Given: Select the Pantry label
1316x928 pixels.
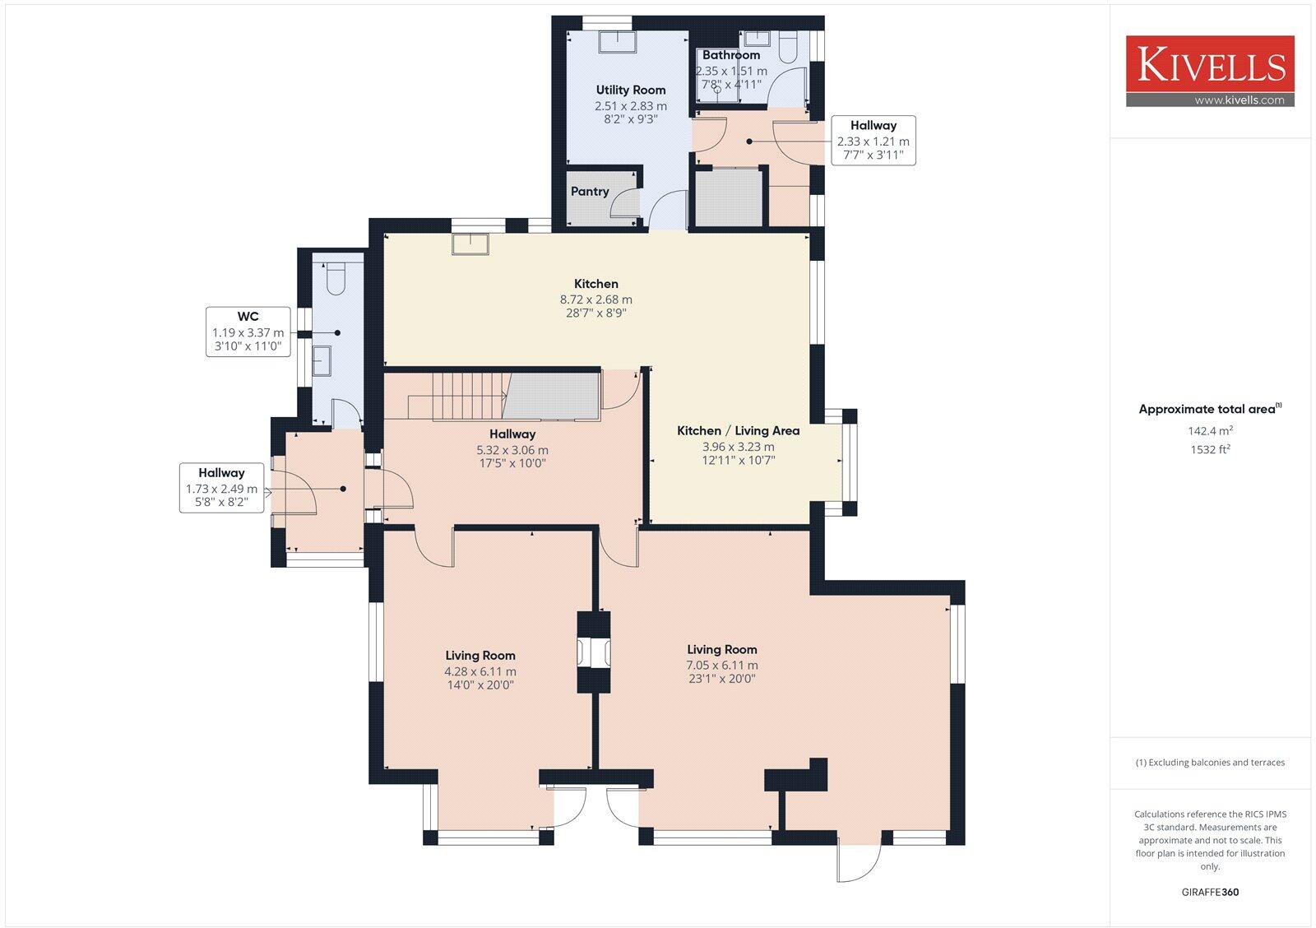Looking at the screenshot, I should [x=590, y=192].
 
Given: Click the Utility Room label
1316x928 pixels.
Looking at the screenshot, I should [x=631, y=90].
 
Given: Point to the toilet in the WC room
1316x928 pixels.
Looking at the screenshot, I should [x=336, y=278].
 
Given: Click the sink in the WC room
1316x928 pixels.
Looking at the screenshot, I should [x=322, y=360].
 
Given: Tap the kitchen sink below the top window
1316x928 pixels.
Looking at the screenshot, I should [x=470, y=244].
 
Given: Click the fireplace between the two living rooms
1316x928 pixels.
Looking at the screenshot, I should [x=593, y=652].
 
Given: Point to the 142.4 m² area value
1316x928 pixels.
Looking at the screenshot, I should [x=1210, y=430].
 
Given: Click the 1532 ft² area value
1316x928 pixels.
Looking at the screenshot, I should [x=1210, y=449].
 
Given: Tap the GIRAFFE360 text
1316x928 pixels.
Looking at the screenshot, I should [x=1210, y=892].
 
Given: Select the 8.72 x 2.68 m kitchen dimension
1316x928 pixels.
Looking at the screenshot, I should [x=595, y=299].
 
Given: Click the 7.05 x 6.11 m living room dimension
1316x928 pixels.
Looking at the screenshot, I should [x=722, y=666].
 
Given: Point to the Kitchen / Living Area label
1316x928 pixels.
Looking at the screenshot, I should [x=738, y=431].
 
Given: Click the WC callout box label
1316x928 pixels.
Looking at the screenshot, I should [x=248, y=317].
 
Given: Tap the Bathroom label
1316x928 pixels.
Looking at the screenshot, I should [x=730, y=55].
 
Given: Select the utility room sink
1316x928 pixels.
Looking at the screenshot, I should [x=614, y=41].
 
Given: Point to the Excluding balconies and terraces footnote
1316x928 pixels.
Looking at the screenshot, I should [x=1210, y=763].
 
